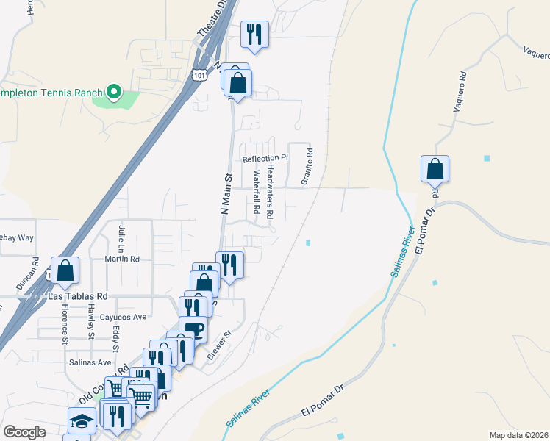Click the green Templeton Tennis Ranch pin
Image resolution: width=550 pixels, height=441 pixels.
click(x=113, y=92)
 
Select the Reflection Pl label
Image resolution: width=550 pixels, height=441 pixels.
click(x=265, y=158)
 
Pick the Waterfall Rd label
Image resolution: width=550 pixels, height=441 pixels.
click(x=257, y=193)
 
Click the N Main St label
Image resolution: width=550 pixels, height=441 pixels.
click(x=226, y=193)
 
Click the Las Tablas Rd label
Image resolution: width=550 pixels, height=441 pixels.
click(x=77, y=296)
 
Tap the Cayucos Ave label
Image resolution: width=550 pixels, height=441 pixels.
click(x=124, y=317)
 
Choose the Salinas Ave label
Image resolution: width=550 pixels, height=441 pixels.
click(x=90, y=362)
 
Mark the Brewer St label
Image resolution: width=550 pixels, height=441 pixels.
click(x=219, y=344)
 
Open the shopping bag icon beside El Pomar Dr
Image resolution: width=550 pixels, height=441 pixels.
click(x=435, y=169)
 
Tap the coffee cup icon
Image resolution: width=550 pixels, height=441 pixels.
click(x=193, y=330)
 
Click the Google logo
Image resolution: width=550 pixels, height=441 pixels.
click(x=24, y=432)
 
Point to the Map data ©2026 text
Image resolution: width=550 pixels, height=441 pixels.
click(x=518, y=435)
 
